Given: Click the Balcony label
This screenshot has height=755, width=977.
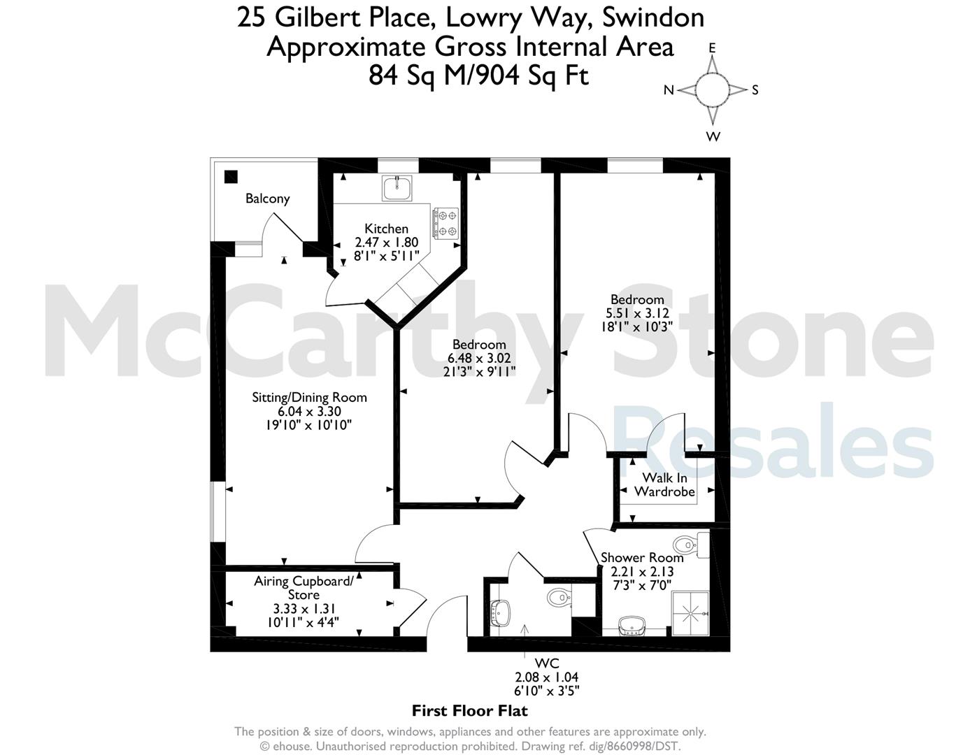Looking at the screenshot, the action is pos(268,199).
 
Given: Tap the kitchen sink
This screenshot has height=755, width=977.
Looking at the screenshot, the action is pos(397,188).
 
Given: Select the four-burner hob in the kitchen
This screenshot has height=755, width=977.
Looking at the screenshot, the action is pos(445,222).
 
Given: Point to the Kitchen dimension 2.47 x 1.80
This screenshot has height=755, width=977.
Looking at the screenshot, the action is pos(387,242).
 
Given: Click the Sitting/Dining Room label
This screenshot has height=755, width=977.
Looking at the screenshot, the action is pos(309,397).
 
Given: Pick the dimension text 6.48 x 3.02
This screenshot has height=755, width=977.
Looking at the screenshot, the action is pos(479,358).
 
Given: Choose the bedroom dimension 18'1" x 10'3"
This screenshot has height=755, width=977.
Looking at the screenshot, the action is pos(637,326).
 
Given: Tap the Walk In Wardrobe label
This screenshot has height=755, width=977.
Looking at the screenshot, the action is pos(664,484).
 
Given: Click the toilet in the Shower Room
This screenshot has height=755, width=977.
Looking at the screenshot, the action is pos(691,545).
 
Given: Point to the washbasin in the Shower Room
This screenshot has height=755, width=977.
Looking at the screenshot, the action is pos(633,626).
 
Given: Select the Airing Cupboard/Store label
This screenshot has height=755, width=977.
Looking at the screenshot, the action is pos(304,588).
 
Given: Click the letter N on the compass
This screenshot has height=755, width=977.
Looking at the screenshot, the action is pos(669,90).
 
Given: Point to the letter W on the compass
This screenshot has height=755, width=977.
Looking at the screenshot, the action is pos(713,136).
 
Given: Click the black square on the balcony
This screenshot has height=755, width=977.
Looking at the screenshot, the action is pos(231,177).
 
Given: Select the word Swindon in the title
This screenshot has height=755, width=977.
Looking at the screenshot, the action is pos(652,18).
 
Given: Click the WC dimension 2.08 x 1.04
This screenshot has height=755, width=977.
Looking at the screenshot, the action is pos(547,677).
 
